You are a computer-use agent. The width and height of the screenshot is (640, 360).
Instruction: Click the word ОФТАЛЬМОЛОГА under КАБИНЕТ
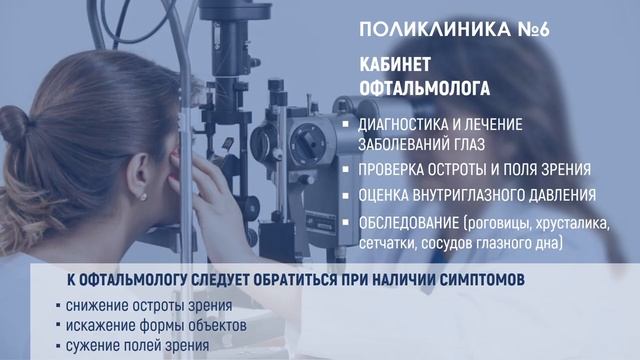click(x=425, y=88)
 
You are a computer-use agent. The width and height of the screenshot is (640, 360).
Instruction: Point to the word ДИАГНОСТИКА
click(x=408, y=127)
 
